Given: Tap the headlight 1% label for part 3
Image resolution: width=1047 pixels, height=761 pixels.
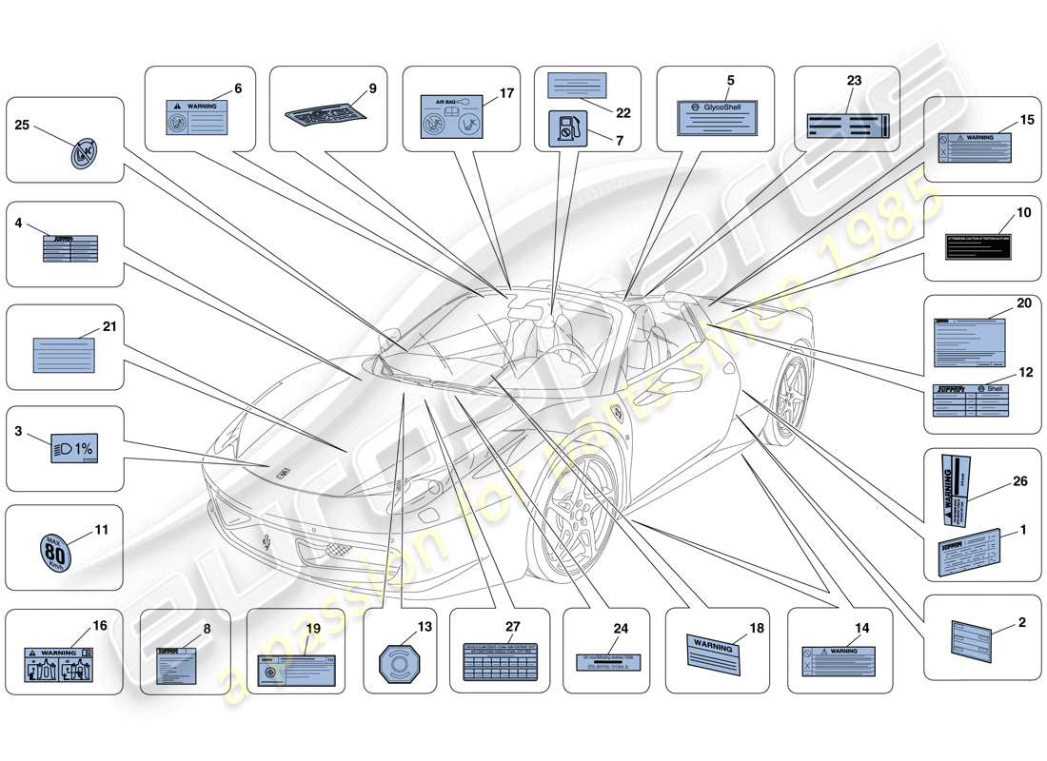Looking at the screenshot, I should (x=72, y=447).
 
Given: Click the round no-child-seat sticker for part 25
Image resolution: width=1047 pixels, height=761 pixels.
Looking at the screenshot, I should (x=84, y=153).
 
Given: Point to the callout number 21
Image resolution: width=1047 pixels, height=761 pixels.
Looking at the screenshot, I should (x=109, y=326).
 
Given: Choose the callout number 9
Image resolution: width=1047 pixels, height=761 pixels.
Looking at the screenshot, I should (x=372, y=88).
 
